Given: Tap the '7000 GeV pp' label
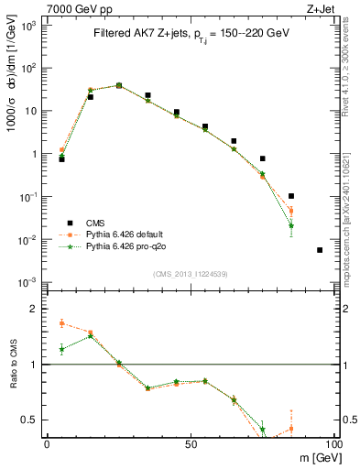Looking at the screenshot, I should pos(71,8).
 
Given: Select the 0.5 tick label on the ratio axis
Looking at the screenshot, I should pos(31,420).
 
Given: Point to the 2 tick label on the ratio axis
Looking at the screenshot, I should pos(35,309).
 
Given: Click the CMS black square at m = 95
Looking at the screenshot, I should pos(320,250).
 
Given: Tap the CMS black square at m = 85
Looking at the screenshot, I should pos(291,196).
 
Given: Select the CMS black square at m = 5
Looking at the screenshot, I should pos(61,158).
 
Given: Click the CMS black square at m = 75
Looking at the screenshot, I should pos(263,158).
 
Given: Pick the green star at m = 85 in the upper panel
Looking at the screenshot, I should pos(291,225).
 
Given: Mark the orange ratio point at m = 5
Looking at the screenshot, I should pos(61,323).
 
